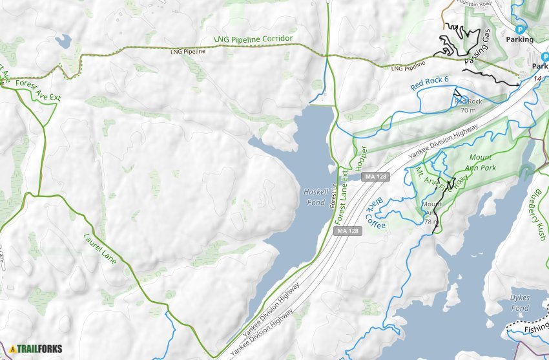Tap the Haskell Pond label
(315, 196)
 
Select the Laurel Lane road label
(100, 248)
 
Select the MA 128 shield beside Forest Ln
(347, 231)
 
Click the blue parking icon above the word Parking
(519, 29)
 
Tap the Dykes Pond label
(519, 302)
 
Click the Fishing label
(535, 329)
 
